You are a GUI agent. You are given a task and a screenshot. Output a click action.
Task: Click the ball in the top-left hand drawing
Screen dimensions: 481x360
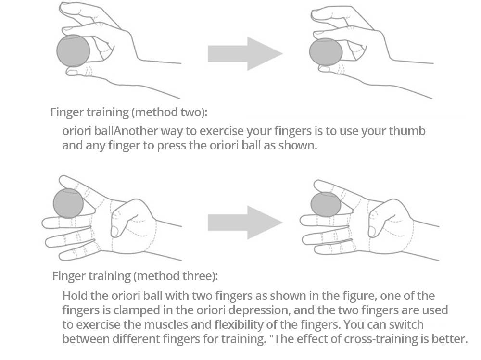[73, 51]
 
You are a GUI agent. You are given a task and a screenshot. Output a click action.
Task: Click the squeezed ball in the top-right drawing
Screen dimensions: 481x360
[326, 52]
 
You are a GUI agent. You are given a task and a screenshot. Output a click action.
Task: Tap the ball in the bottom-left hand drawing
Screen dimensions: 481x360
[68, 203]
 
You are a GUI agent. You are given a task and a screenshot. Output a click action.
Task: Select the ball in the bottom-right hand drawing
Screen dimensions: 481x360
[326, 204]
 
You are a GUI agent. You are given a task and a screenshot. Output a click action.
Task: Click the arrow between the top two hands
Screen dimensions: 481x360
[245, 54]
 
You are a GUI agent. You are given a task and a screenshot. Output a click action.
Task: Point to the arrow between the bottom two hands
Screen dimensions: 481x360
[245, 223]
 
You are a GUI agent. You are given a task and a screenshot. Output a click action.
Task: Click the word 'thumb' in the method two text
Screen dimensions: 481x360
[407, 131]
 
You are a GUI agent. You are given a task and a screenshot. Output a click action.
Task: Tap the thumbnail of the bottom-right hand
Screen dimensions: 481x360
[372, 231]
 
